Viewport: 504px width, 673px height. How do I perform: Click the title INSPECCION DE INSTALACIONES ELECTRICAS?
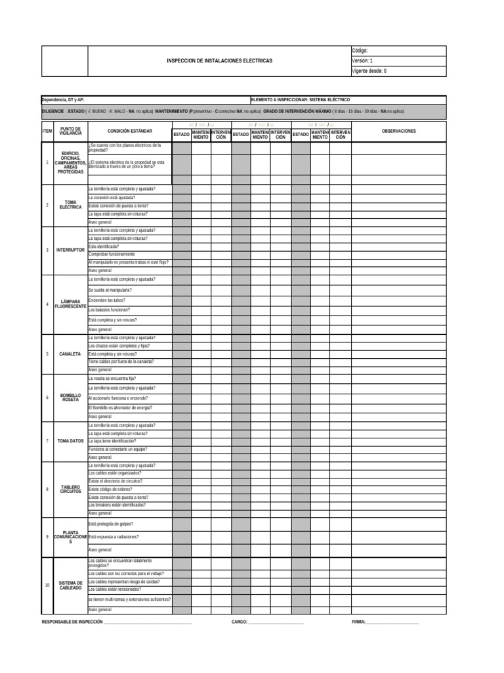(x=219, y=60)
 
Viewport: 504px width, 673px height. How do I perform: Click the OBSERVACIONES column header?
(x=398, y=131)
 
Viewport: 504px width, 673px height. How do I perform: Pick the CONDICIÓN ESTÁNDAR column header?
(x=130, y=131)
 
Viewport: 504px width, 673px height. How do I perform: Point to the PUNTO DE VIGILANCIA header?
(x=70, y=131)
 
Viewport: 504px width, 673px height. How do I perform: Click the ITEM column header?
(x=47, y=131)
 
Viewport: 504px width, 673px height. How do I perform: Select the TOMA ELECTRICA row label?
(x=70, y=205)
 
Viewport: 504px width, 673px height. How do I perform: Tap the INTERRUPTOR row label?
(x=70, y=250)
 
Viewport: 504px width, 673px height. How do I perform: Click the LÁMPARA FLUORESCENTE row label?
(x=70, y=304)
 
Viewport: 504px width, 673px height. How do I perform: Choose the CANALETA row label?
(x=70, y=354)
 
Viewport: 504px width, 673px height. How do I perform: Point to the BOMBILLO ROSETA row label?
(x=70, y=398)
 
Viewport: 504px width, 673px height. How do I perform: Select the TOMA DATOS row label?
(x=70, y=441)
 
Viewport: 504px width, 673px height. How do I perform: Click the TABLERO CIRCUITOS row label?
(x=70, y=490)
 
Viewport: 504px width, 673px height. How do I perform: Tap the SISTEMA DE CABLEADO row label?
(x=70, y=585)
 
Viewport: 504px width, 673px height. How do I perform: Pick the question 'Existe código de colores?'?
(x=110, y=490)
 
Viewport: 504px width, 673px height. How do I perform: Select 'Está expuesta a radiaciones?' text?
(x=114, y=537)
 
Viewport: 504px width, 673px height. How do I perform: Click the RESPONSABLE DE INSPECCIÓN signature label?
(x=72, y=621)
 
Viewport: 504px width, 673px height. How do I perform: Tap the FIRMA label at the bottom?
(x=359, y=621)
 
